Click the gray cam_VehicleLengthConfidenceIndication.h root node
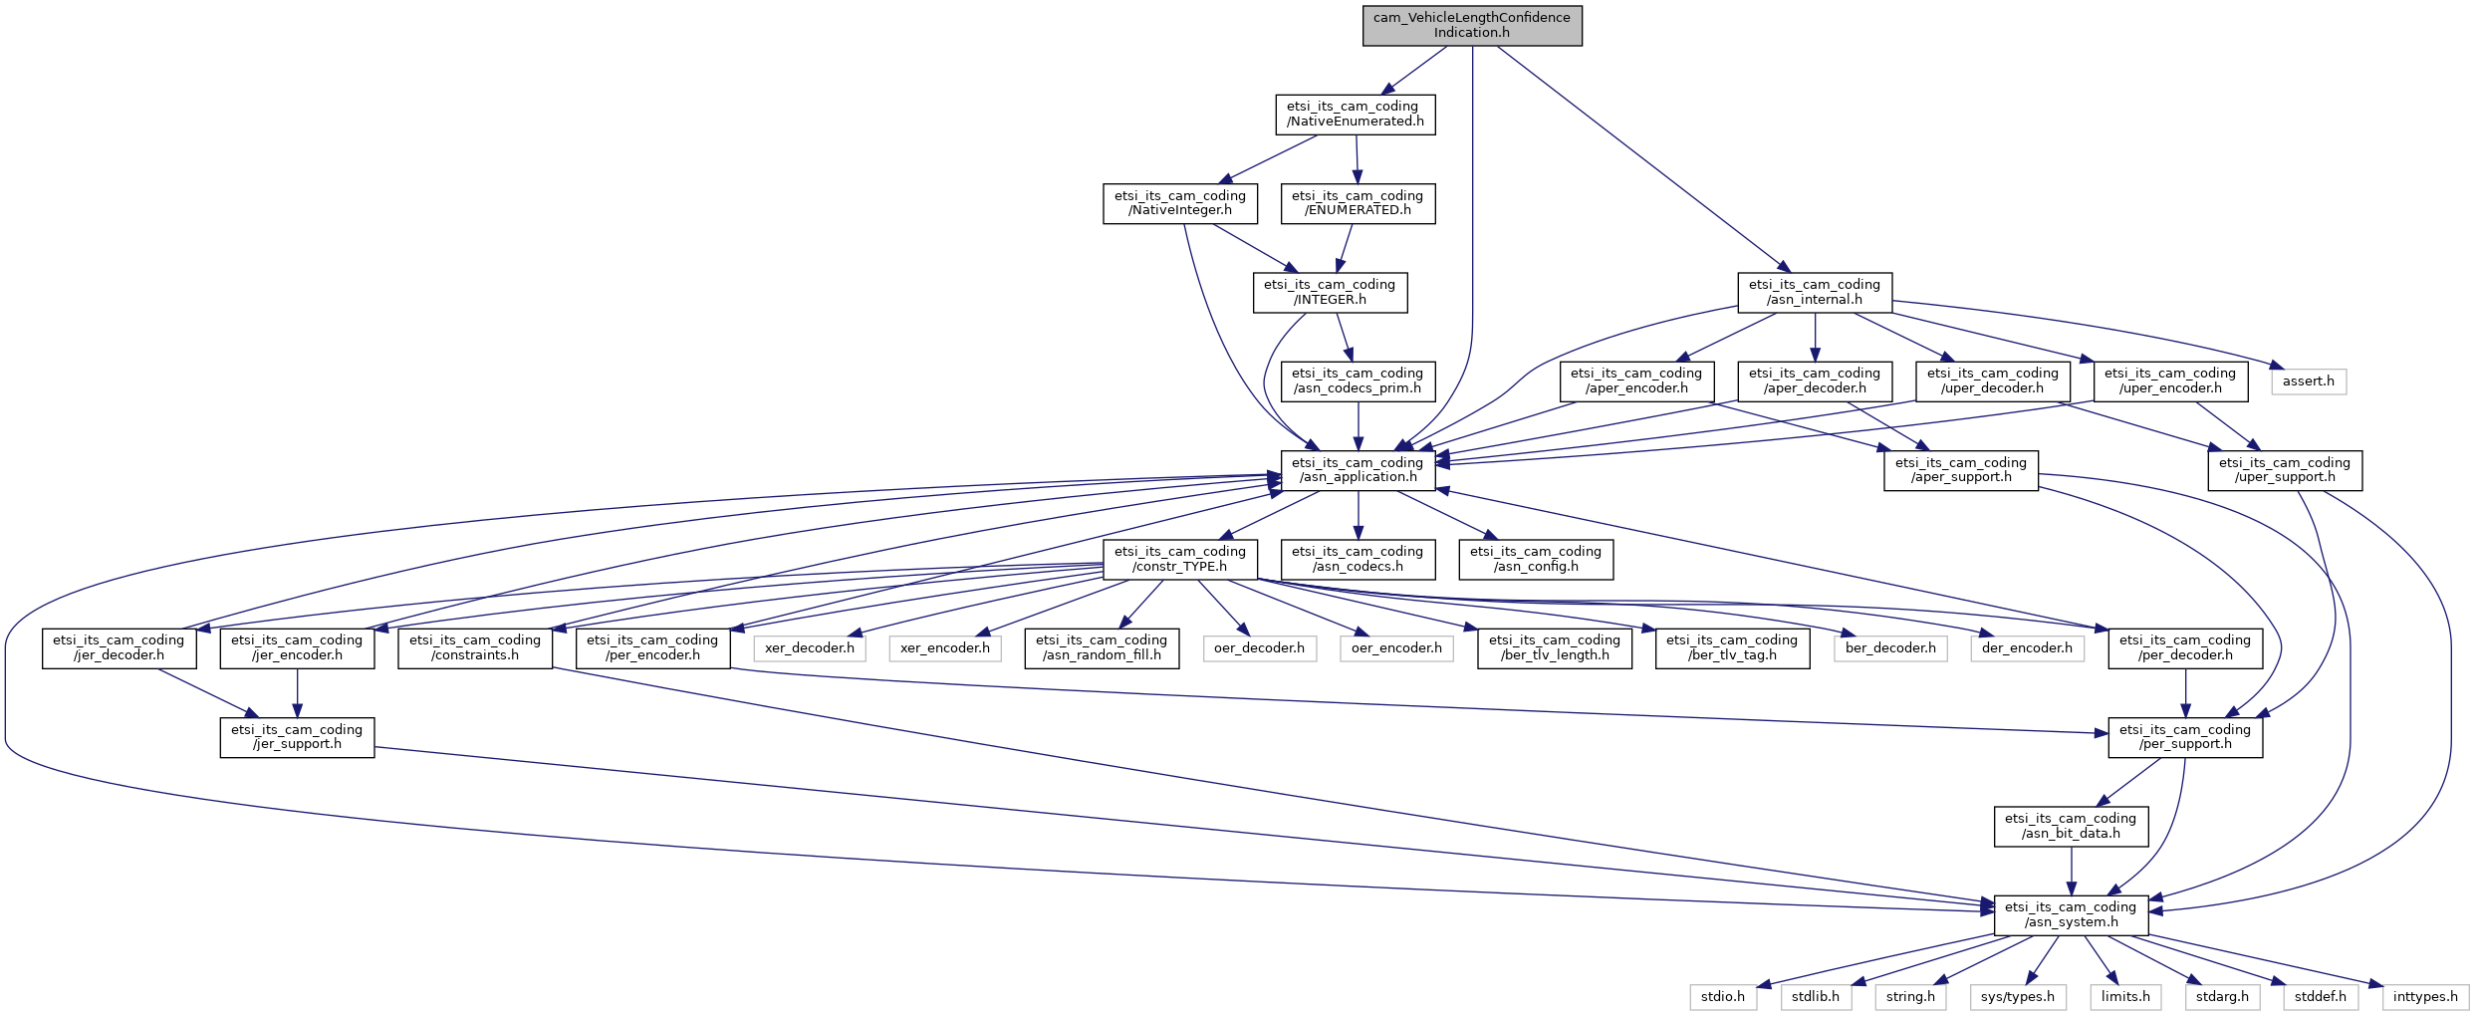1471,25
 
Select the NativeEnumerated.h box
1355,114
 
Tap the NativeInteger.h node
1179,203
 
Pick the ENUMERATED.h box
1357,203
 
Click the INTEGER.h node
1330,292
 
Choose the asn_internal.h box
1814,292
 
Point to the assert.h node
2308,381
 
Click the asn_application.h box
1358,470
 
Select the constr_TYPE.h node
1179,559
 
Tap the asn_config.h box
1535,559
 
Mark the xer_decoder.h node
809,648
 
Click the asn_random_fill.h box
1101,648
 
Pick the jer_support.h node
297,737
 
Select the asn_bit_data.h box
2071,826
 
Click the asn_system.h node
2071,914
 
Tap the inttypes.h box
2425,997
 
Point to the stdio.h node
1722,997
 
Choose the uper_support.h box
2284,470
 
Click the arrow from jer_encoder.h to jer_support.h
297,693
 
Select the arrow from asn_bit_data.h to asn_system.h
2071,872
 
